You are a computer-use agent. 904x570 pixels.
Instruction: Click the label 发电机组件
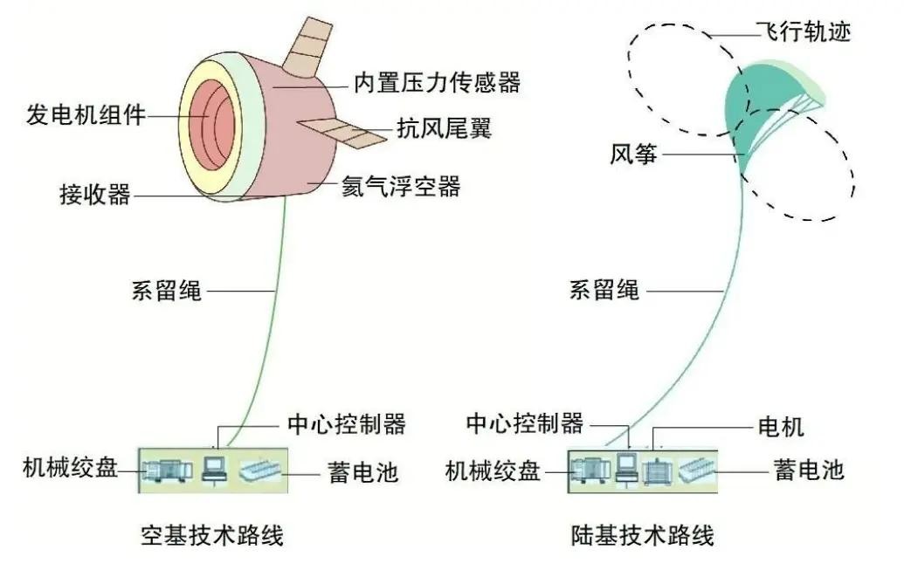[x=86, y=114]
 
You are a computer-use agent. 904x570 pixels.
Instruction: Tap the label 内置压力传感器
[x=437, y=82]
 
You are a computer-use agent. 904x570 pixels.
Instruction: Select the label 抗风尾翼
[x=444, y=127]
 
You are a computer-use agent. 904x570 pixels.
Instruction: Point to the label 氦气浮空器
[x=401, y=186]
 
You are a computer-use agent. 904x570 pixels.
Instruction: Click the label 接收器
[x=95, y=195]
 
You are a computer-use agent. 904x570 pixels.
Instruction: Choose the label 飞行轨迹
[x=804, y=31]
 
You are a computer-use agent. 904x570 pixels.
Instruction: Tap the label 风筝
[x=633, y=154]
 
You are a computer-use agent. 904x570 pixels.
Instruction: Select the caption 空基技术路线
[x=212, y=535]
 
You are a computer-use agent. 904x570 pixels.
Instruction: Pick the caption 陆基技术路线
[x=642, y=535]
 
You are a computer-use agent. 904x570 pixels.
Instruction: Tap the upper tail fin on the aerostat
[x=307, y=46]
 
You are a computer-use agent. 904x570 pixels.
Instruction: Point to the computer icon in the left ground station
[x=214, y=469]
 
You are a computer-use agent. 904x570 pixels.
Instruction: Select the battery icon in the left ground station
[x=259, y=470]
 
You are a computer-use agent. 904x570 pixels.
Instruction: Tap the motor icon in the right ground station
[x=657, y=470]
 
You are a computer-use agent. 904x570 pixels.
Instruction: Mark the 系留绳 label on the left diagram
[x=167, y=291]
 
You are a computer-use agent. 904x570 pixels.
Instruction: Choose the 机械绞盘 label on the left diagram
[x=71, y=467]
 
